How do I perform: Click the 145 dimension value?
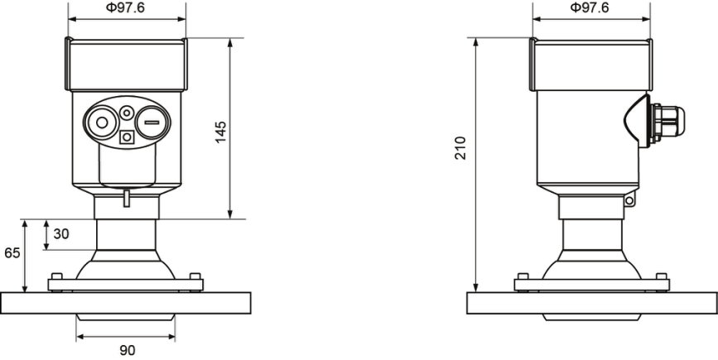click(x=221, y=132)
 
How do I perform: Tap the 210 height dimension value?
click(x=460, y=148)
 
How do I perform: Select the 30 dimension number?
click(x=61, y=233)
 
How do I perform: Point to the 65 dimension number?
click(x=12, y=252)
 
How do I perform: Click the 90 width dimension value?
click(x=128, y=350)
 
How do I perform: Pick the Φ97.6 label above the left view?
click(x=125, y=7)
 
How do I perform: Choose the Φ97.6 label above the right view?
click(x=590, y=7)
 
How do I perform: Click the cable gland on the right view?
click(x=667, y=122)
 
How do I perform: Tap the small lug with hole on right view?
click(x=629, y=200)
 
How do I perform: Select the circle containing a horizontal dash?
click(x=152, y=122)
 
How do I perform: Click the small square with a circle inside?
click(x=127, y=137)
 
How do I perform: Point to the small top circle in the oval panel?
click(x=127, y=113)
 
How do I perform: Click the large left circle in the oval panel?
click(x=101, y=122)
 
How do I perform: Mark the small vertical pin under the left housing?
click(x=127, y=199)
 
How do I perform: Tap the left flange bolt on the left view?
click(x=57, y=276)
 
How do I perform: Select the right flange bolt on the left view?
click(x=195, y=276)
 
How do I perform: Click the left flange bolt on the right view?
click(x=523, y=276)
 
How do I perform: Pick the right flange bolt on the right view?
click(x=661, y=276)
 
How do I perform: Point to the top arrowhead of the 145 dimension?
click(x=230, y=42)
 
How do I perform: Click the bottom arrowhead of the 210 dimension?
click(x=476, y=287)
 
